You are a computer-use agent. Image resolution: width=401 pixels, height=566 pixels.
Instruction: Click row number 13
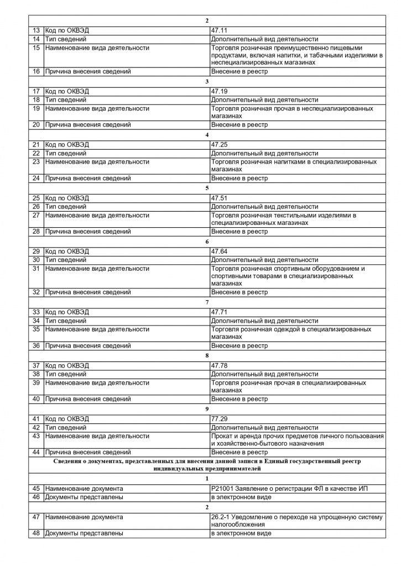click(37, 31)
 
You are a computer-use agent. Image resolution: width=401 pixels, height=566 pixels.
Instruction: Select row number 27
click(37, 215)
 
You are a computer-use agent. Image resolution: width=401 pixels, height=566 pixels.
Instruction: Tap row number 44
click(37, 452)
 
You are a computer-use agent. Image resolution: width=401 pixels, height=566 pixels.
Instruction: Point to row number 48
click(37, 533)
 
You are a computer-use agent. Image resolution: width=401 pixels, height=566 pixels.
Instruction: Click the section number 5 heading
click(207, 188)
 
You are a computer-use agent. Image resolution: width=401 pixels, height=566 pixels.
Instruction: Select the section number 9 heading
click(207, 408)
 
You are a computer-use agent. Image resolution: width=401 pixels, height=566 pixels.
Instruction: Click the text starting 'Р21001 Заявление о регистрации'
click(289, 489)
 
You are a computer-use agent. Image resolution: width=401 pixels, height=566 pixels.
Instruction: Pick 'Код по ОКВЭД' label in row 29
click(66, 251)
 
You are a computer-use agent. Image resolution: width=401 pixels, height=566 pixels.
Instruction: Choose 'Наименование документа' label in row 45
click(84, 489)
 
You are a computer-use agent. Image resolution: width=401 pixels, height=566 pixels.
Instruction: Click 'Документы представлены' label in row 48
click(84, 533)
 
